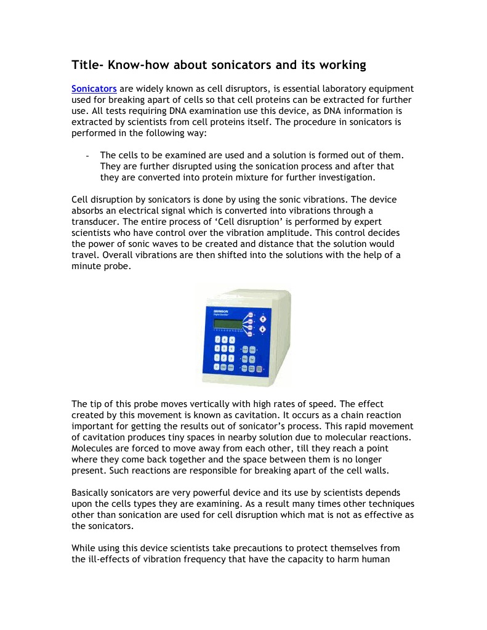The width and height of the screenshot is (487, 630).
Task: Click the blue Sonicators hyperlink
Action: [94, 89]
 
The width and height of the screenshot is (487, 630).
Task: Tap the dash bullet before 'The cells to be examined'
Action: [88, 156]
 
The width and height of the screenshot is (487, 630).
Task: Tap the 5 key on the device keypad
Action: [224, 349]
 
